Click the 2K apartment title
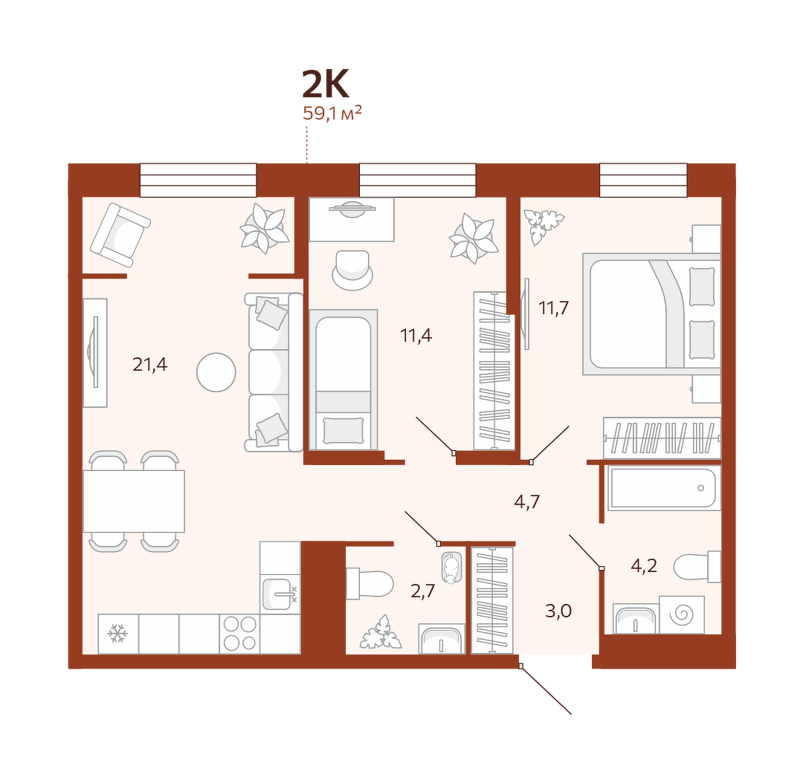click(x=326, y=84)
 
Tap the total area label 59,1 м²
click(x=332, y=113)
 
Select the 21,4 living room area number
click(x=149, y=364)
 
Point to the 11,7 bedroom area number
click(x=554, y=308)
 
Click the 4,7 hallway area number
click(x=526, y=502)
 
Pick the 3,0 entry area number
click(x=558, y=611)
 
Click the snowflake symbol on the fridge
click(x=117, y=634)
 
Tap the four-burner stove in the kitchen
click(x=239, y=634)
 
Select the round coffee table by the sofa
click(x=216, y=373)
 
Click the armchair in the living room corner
click(x=120, y=235)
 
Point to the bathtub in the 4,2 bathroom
click(x=664, y=488)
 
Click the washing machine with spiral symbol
click(x=682, y=614)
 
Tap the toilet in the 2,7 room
click(x=370, y=584)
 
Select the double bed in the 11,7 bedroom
click(x=651, y=313)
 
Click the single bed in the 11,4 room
click(x=343, y=380)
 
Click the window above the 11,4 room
click(x=417, y=180)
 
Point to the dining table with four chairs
click(x=134, y=501)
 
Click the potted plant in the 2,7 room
click(x=380, y=632)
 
